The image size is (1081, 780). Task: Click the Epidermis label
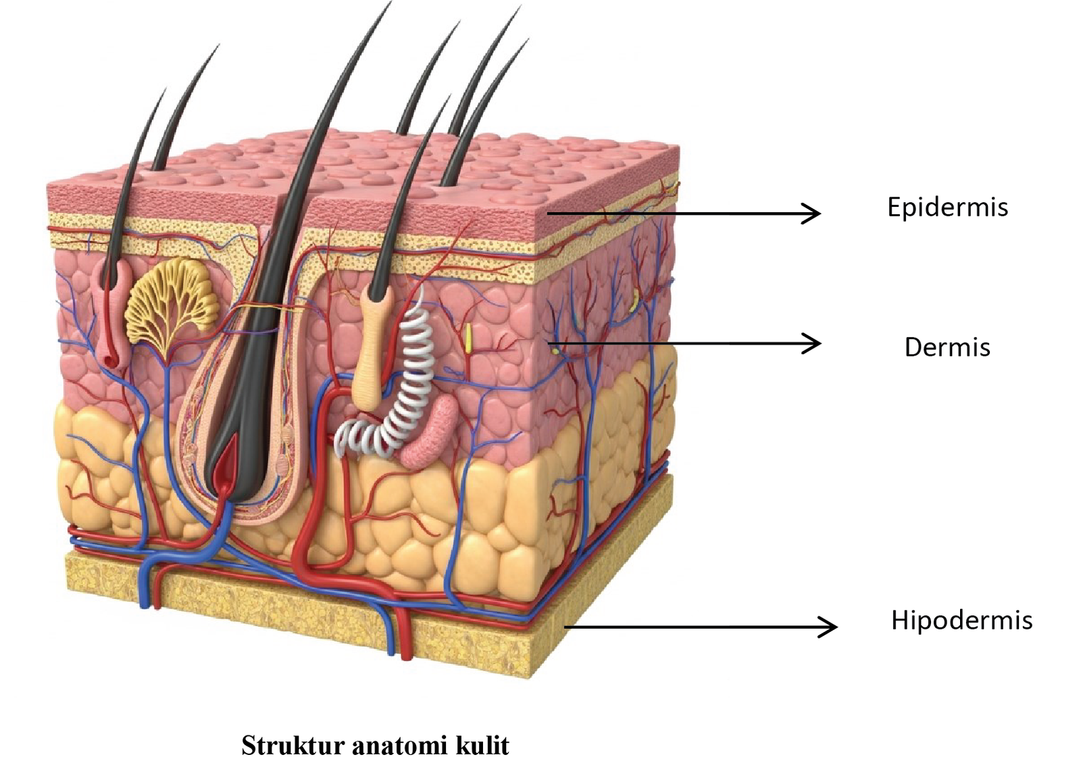click(x=947, y=207)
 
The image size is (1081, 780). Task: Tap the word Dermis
click(x=947, y=347)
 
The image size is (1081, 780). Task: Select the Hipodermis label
click(x=961, y=620)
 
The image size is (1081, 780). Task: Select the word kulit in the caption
click(x=482, y=746)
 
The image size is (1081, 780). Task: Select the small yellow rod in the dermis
click(x=467, y=339)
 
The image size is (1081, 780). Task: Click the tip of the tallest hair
click(x=389, y=4)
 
